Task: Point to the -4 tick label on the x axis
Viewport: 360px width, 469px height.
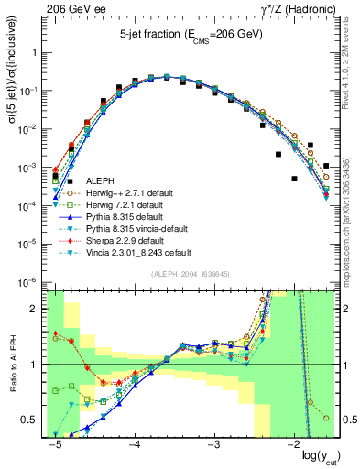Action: coord(133,445)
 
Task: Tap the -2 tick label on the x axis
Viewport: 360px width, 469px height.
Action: coord(291,445)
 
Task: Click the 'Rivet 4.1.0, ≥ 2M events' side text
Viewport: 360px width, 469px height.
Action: coord(352,63)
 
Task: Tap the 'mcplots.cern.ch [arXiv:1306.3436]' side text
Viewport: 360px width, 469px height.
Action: coord(352,207)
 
